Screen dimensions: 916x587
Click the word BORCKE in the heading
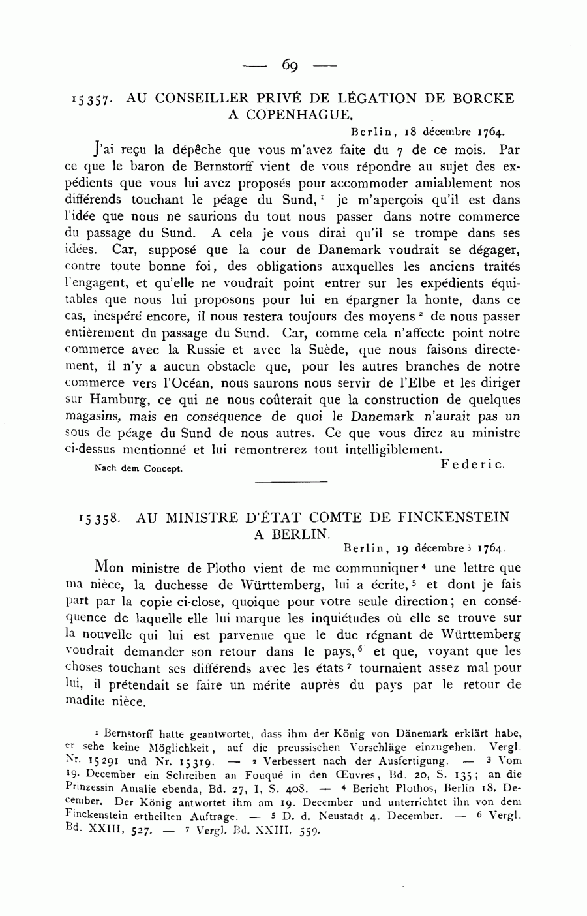tap(485, 99)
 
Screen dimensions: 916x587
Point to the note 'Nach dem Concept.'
tap(138, 468)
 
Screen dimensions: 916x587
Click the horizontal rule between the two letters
tap(290, 482)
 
